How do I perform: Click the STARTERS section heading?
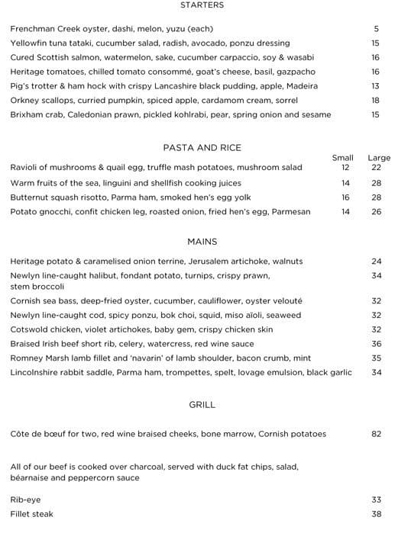pos(202,5)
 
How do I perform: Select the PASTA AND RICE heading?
pos(202,148)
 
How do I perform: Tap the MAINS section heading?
pos(202,242)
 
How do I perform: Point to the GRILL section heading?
pos(202,405)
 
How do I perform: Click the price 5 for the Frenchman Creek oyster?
pos(376,29)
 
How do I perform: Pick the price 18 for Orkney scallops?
pos(375,101)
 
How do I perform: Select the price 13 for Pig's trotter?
pos(375,86)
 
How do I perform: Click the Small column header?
pos(343,158)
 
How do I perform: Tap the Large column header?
pos(379,158)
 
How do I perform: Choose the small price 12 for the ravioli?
pos(345,168)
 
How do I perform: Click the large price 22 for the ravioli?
pos(376,168)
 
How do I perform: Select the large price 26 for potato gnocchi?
pos(376,212)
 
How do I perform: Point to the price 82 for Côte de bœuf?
pos(376,434)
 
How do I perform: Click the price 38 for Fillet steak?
pos(376,515)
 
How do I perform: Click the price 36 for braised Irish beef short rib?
pos(376,344)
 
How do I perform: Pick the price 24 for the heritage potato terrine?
pos(376,262)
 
